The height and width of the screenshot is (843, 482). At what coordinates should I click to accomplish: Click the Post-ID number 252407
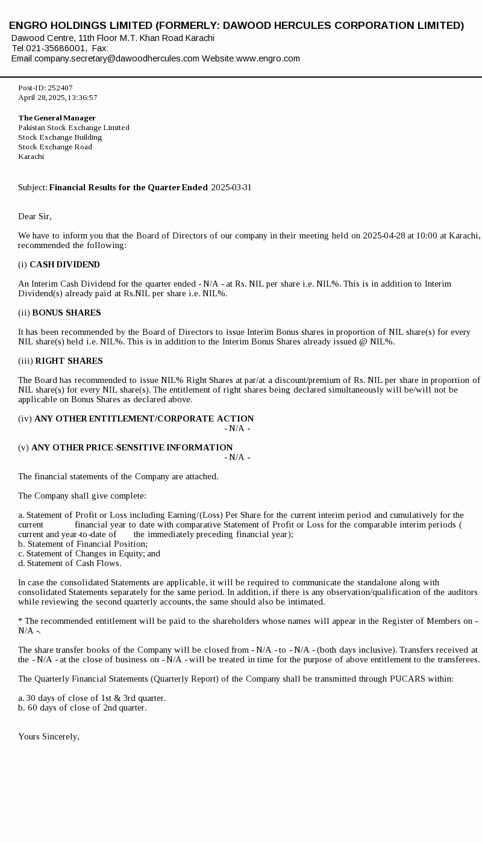coord(60,88)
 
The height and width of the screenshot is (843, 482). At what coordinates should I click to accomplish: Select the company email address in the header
coord(116,58)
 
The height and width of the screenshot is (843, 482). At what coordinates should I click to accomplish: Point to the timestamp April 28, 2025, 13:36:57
coord(57,98)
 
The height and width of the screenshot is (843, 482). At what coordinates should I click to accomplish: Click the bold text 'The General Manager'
coord(57,118)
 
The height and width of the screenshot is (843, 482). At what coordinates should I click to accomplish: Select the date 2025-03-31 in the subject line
coord(231,187)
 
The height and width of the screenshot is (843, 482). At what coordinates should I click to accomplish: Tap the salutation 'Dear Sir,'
coord(35,216)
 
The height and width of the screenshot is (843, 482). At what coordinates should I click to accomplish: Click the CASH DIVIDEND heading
coord(64,264)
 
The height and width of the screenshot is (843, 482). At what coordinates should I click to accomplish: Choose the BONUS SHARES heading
coord(66,313)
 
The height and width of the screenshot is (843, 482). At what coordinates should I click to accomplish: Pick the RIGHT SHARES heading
coord(69,361)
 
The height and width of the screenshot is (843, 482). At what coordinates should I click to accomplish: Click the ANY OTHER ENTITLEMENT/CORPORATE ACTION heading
coord(144,418)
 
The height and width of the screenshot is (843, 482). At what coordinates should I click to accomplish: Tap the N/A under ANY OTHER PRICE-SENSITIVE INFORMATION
coord(237,457)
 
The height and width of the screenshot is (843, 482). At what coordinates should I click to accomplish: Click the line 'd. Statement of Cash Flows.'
coord(69,563)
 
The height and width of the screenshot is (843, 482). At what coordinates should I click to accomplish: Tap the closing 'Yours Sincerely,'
coord(49,736)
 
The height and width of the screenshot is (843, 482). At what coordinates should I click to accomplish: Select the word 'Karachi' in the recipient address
coord(31,157)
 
